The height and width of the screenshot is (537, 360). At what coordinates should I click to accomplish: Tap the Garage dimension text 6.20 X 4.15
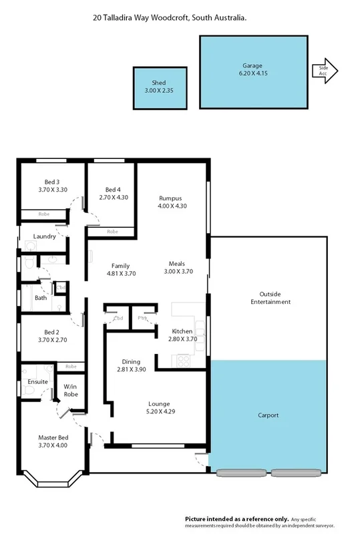252,74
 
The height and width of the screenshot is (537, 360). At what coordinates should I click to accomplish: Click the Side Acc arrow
325,70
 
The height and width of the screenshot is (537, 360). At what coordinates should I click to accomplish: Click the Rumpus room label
170,198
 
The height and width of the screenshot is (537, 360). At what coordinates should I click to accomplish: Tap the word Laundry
44,236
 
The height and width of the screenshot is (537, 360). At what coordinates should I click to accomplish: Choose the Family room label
121,265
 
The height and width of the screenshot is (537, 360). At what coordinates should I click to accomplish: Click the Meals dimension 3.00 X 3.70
178,272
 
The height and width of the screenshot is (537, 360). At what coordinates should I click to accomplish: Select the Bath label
41,298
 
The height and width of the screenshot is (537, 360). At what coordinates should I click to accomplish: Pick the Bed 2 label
53,332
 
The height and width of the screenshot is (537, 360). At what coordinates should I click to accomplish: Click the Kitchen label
182,331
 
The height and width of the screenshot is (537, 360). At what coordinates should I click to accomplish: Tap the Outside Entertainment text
271,298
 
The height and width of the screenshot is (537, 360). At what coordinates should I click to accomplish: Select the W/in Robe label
71,391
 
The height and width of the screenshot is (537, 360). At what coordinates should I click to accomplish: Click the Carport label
268,415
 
